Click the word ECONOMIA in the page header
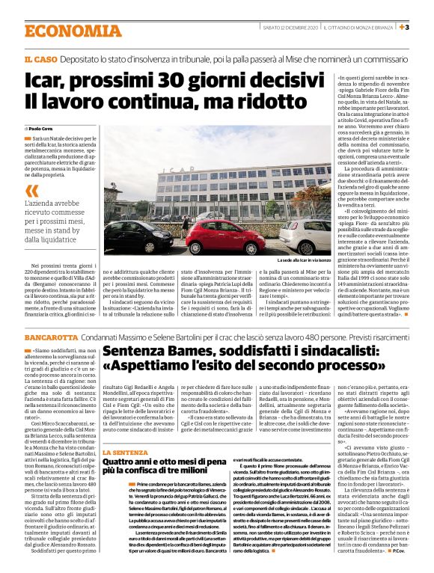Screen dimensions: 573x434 pyautogui.click(x=61, y=31)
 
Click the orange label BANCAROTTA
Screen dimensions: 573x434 pyautogui.click(x=50, y=337)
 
